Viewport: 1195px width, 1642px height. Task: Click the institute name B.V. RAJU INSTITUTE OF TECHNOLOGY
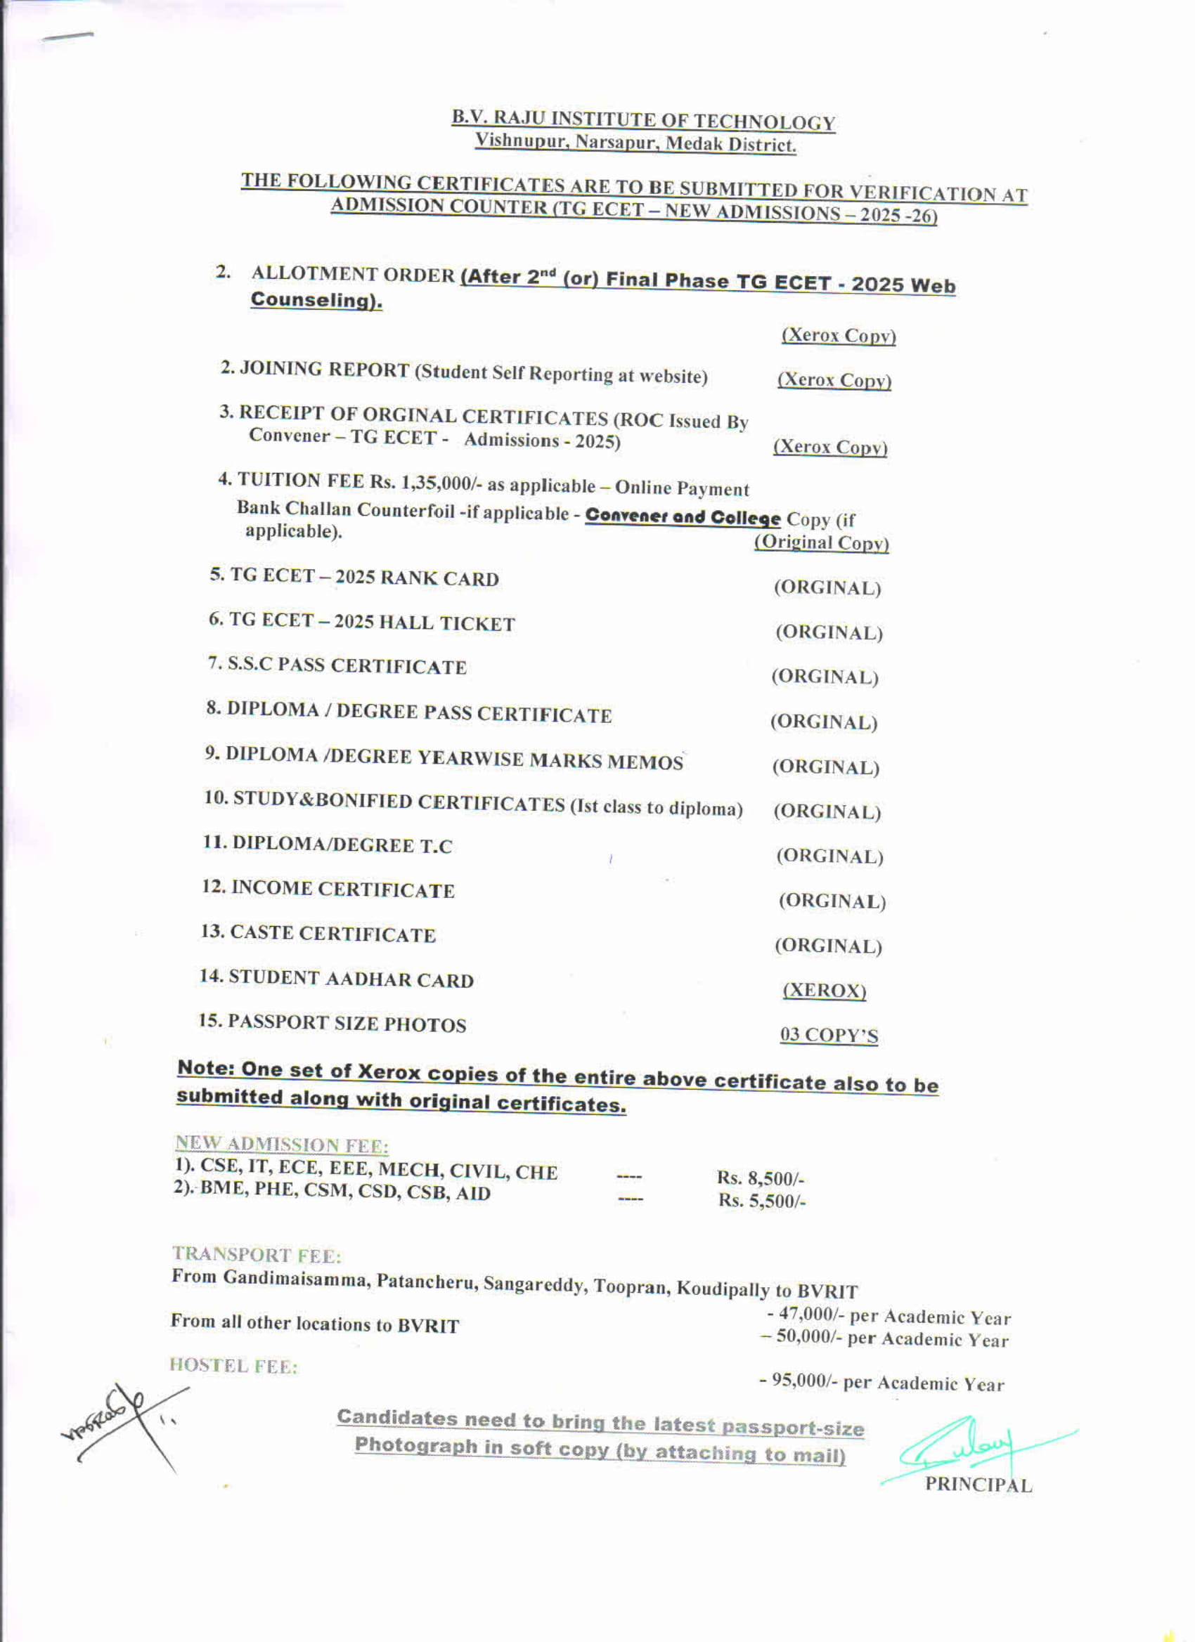(642, 120)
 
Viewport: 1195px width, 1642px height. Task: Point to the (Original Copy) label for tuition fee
(821, 542)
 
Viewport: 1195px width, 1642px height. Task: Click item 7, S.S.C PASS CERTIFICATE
(337, 665)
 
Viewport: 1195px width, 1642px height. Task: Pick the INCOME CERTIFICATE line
(329, 889)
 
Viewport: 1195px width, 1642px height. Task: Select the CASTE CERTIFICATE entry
(318, 933)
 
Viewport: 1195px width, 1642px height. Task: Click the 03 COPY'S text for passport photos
(829, 1036)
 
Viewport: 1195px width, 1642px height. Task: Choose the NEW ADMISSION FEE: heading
(282, 1144)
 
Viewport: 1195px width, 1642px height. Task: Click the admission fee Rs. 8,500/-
(761, 1178)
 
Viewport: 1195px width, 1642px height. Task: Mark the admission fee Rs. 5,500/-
(762, 1200)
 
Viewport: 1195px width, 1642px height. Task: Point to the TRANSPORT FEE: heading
(257, 1254)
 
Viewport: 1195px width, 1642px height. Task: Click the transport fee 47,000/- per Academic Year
(889, 1315)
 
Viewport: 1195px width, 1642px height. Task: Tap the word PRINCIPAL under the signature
(978, 1484)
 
